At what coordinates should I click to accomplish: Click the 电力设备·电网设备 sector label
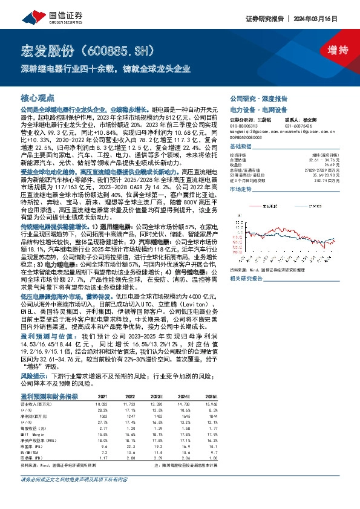click(255, 110)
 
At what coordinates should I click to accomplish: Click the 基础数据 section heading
click(240, 146)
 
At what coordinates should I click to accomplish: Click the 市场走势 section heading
click(240, 189)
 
